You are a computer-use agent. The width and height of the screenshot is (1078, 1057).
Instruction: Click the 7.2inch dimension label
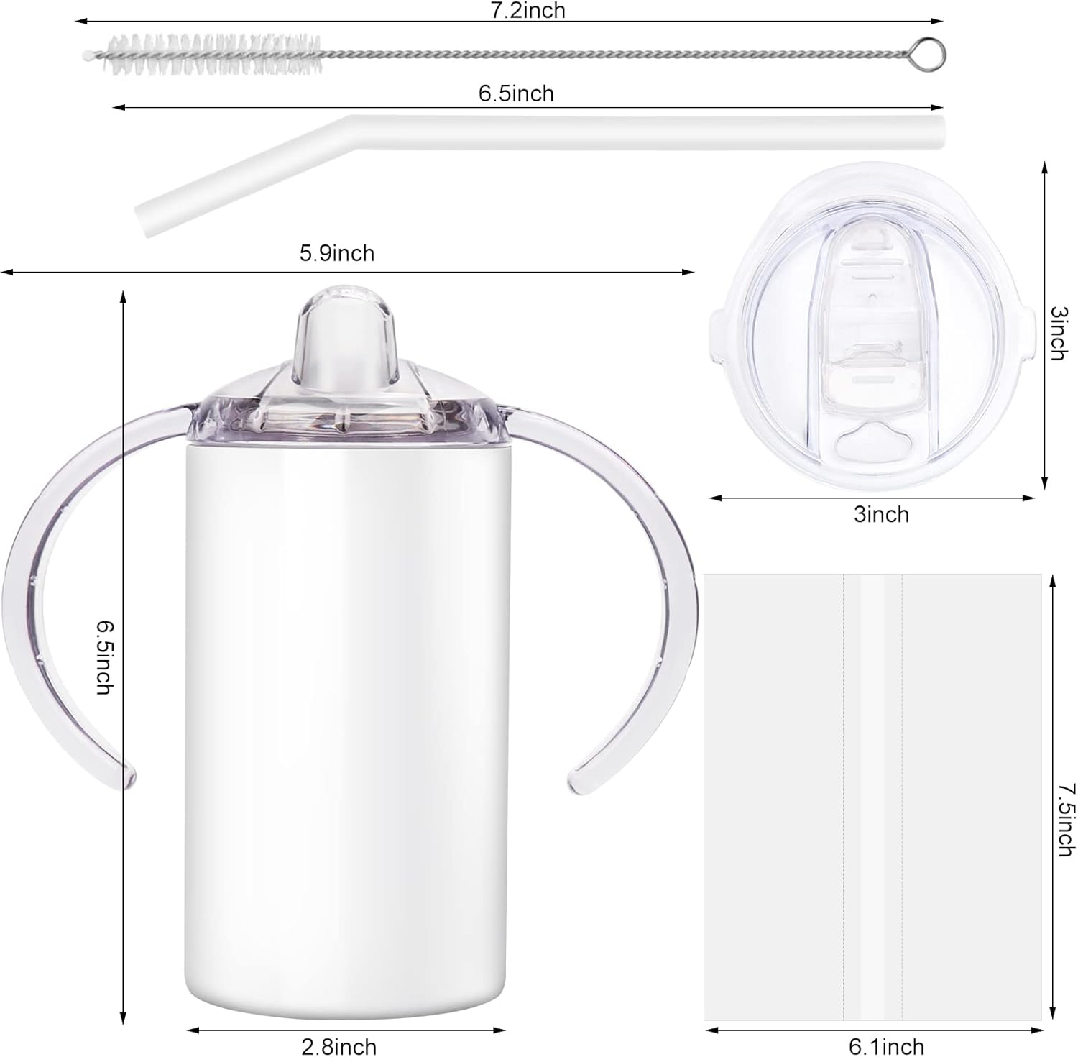click(x=528, y=10)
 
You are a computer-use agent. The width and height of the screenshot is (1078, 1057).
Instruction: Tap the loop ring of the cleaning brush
click(x=933, y=53)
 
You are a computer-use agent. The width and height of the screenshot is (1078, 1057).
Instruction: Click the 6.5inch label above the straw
click(x=516, y=93)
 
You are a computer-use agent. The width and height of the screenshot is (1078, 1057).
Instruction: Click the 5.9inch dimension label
click(x=336, y=253)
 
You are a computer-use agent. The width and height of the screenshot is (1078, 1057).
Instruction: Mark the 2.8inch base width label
click(x=338, y=1046)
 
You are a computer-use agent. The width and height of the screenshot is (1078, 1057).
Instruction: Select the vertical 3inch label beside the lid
click(x=1058, y=333)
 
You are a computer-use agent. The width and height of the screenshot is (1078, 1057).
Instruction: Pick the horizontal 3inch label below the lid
click(x=881, y=514)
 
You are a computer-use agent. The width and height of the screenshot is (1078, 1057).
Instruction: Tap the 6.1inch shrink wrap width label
click(x=887, y=1046)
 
